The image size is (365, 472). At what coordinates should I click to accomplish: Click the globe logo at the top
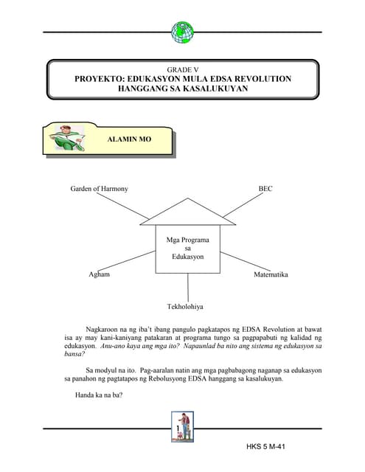click(182, 32)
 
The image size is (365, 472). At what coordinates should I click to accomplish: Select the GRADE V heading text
click(182, 68)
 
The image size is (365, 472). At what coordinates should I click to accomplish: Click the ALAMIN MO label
click(129, 139)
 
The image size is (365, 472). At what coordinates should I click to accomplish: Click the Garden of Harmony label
click(99, 189)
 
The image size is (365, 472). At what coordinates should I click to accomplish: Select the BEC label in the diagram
click(265, 189)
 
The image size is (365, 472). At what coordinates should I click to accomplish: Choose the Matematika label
click(270, 274)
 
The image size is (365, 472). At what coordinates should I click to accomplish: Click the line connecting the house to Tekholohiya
click(188, 285)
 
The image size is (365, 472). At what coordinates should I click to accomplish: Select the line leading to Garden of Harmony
click(125, 206)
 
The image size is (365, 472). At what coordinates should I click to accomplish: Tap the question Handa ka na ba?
click(98, 395)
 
